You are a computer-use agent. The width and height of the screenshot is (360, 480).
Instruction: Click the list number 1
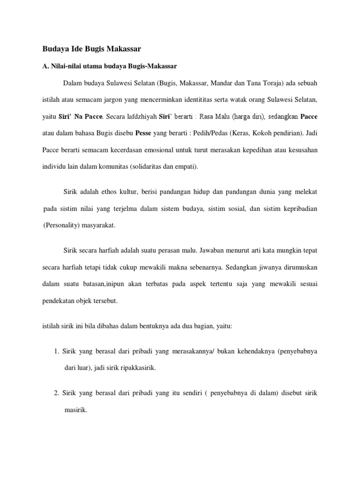point(55,352)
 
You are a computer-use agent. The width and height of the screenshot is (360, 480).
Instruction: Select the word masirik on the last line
point(75,409)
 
